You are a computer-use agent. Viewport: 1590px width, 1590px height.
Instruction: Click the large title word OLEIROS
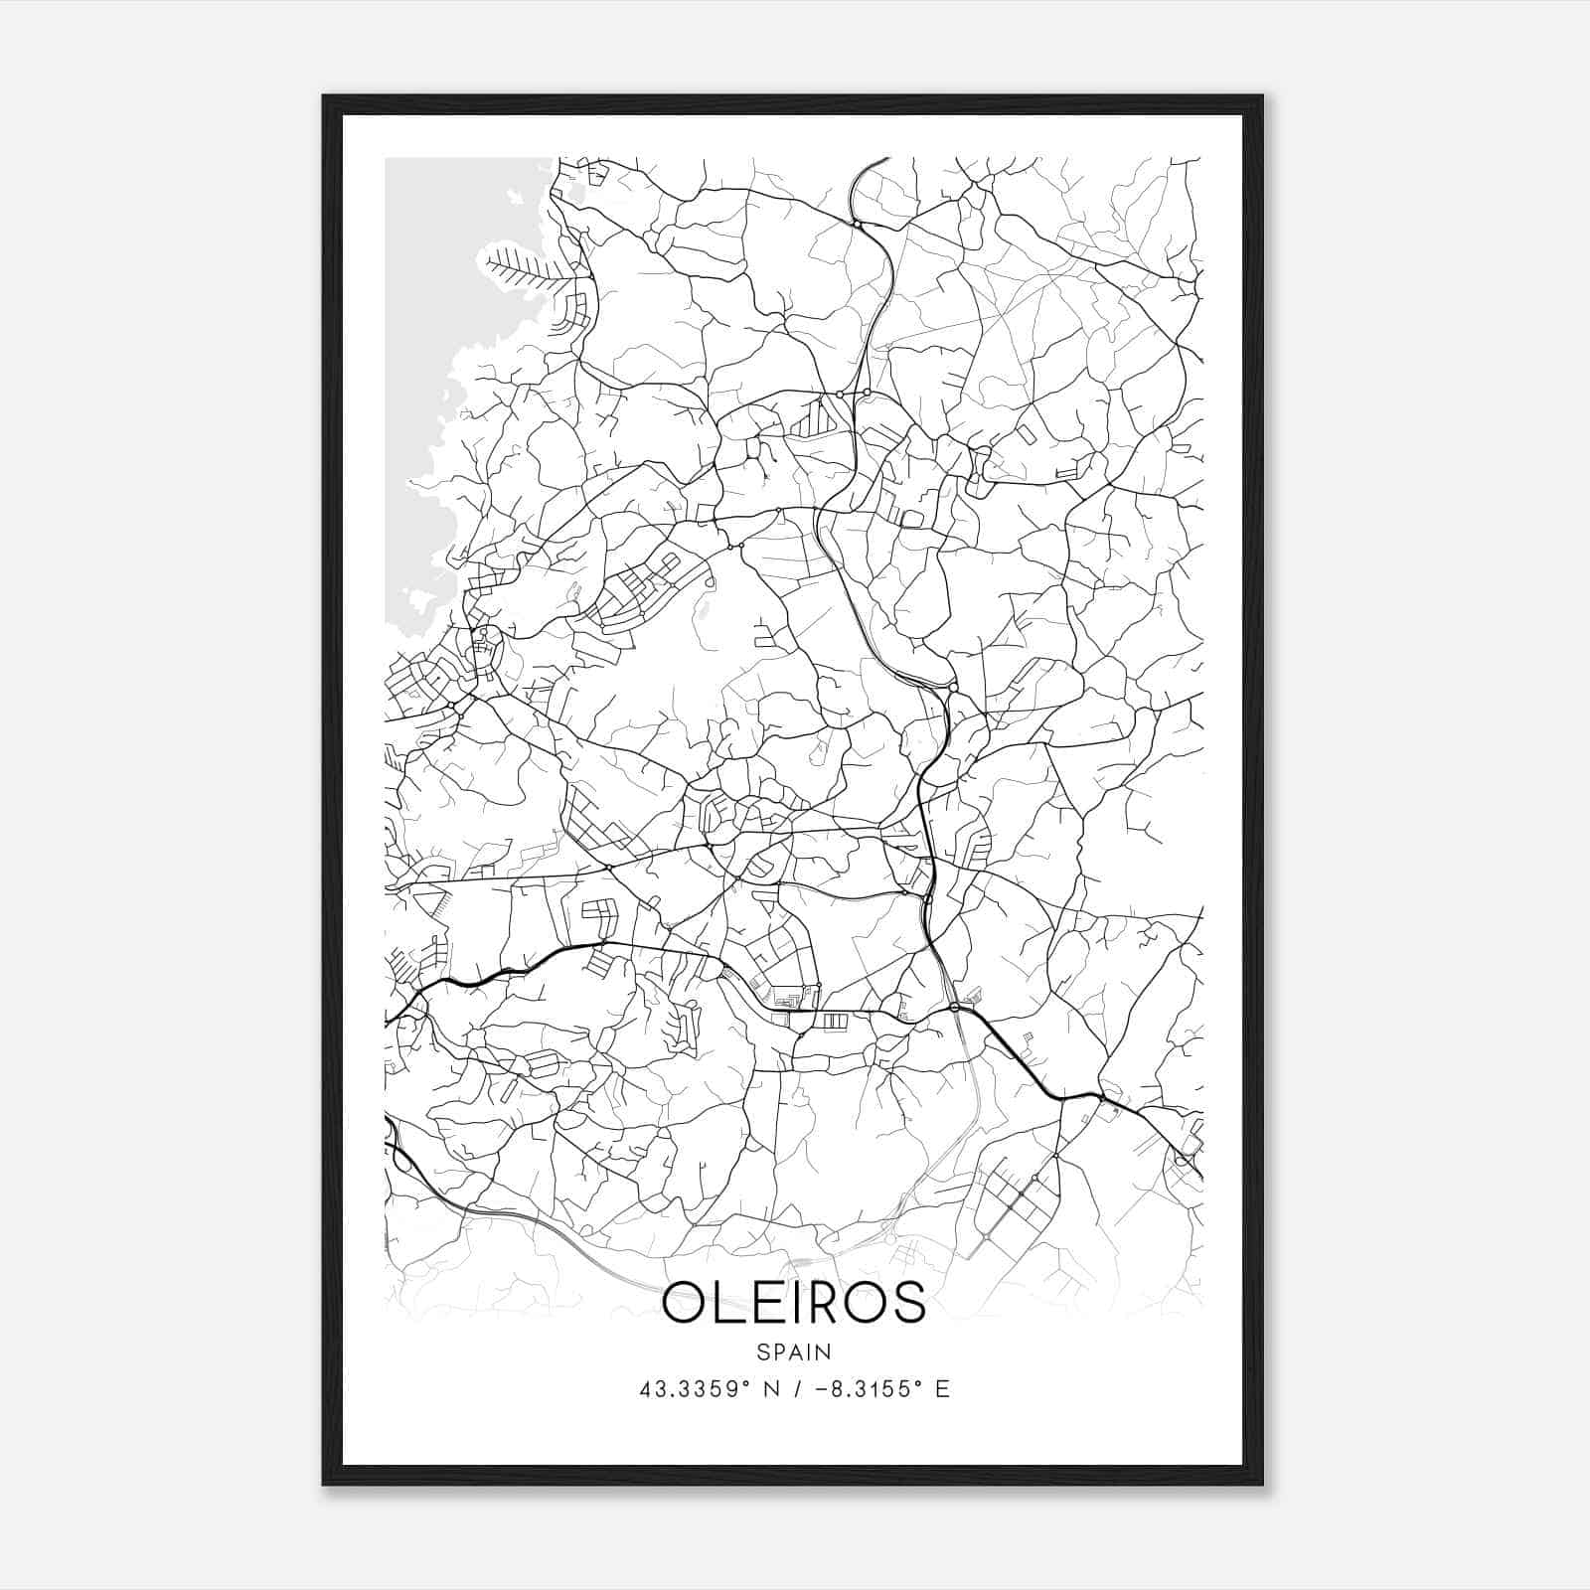793,1303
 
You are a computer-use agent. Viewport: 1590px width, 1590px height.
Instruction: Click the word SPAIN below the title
793,1352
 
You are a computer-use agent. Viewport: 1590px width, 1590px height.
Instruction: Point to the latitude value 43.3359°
692,1389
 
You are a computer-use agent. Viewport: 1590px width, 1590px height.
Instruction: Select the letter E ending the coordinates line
942,1389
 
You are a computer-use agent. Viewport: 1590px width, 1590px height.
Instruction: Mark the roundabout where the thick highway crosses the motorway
954,1008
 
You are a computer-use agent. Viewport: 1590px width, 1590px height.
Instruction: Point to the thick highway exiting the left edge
393,1016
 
